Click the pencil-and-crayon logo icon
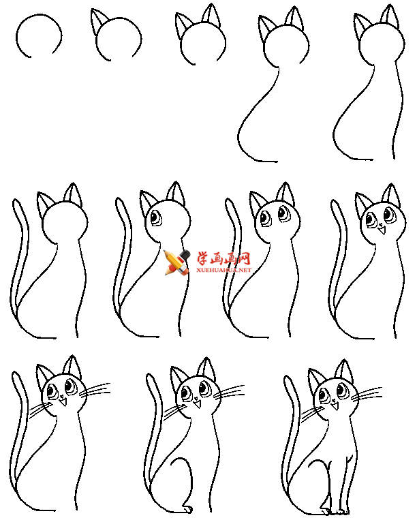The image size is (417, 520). (x=177, y=262)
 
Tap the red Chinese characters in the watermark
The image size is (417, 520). (x=224, y=258)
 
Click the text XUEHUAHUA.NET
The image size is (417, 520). (x=223, y=270)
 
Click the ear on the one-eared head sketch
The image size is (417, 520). (x=98, y=21)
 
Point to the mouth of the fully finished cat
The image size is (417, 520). (x=335, y=406)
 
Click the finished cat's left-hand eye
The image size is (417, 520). (x=324, y=396)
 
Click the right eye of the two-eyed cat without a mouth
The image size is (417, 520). (x=283, y=213)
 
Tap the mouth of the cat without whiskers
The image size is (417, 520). (x=382, y=229)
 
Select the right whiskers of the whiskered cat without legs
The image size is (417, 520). (x=95, y=390)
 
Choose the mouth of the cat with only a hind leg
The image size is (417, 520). (x=197, y=403)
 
